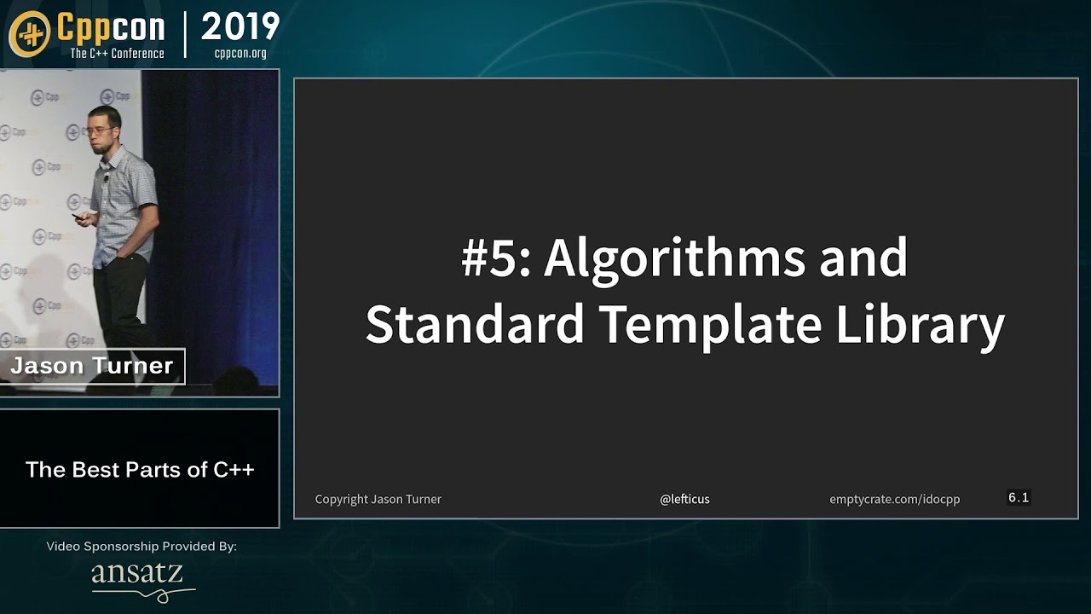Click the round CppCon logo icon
coord(30,34)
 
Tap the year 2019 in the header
coord(240,26)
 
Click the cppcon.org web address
coord(240,53)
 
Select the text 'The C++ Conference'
coord(117,53)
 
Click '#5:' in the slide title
coord(495,258)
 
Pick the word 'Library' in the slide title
coord(920,325)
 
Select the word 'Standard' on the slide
coord(475,323)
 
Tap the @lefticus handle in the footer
coord(684,499)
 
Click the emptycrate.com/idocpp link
coord(895,500)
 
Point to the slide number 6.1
coord(1019,497)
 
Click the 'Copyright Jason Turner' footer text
coord(378,500)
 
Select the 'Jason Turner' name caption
coord(91,366)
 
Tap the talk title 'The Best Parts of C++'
coord(140,470)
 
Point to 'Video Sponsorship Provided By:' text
coord(141,547)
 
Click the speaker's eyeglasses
coord(99,130)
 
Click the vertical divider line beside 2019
coord(185,35)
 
